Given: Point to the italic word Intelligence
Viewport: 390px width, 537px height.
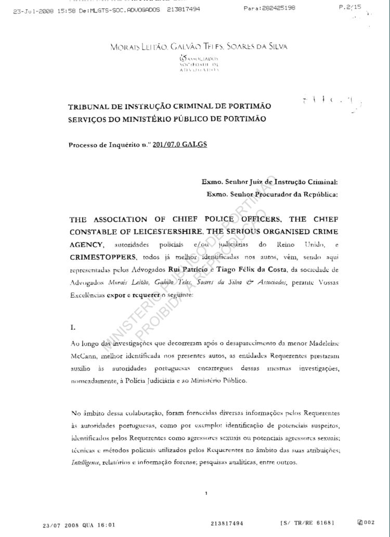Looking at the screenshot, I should coord(85,462).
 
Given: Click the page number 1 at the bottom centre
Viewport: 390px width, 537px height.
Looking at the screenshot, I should coord(206,493).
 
